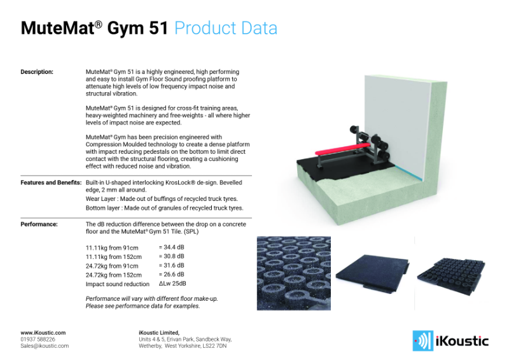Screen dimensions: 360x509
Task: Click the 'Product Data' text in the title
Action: (225, 29)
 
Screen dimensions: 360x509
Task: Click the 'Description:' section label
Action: (37, 72)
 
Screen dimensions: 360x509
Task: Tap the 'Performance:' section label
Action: (39, 225)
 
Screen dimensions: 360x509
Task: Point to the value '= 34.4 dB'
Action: (171, 246)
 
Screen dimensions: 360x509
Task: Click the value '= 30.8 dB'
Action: (171, 256)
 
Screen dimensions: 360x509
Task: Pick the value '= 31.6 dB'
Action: (171, 265)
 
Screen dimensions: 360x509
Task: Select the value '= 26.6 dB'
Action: (171, 275)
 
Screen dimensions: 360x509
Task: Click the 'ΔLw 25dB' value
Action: (172, 284)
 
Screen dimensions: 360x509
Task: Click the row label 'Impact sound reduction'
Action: (118, 284)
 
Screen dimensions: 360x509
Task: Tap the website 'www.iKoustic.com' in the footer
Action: (43, 333)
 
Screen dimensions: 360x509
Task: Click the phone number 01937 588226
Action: (38, 340)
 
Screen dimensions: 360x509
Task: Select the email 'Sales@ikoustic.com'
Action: (45, 346)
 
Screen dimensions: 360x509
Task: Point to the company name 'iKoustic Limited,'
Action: (159, 333)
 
